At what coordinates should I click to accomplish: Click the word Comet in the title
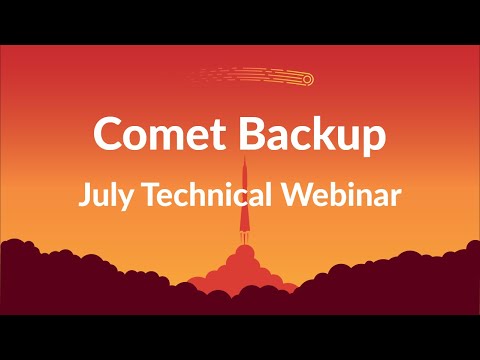point(149,133)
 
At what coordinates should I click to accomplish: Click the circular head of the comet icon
point(306,79)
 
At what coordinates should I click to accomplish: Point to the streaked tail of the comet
point(240,75)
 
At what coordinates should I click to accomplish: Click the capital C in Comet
point(107,133)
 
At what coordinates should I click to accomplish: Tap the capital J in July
point(84,194)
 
